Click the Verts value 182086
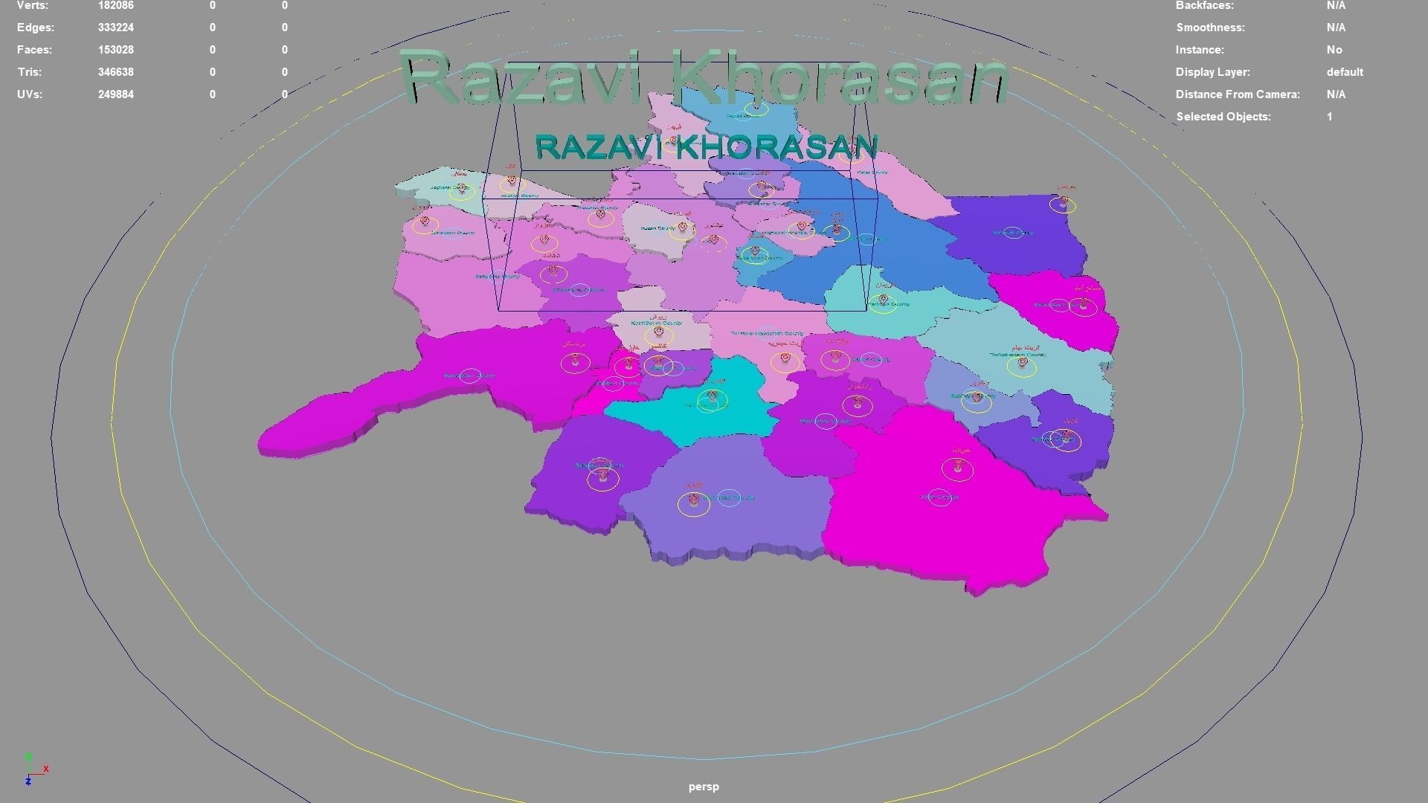coord(115,6)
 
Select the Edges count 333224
coord(115,28)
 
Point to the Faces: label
coord(35,50)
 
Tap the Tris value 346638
coord(115,72)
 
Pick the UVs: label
coord(30,94)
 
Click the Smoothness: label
coord(1210,28)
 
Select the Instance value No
coord(1334,50)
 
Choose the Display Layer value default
coord(1345,72)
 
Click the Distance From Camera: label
coord(1238,94)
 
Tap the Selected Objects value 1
coord(1330,117)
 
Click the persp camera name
coord(704,787)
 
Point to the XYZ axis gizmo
coord(33,770)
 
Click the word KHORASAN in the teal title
coord(777,147)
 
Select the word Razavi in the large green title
coord(531,79)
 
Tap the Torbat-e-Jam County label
coord(1017,355)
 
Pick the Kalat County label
coord(872,172)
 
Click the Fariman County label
coord(890,304)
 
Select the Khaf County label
coord(939,497)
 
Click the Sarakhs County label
coord(1013,233)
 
